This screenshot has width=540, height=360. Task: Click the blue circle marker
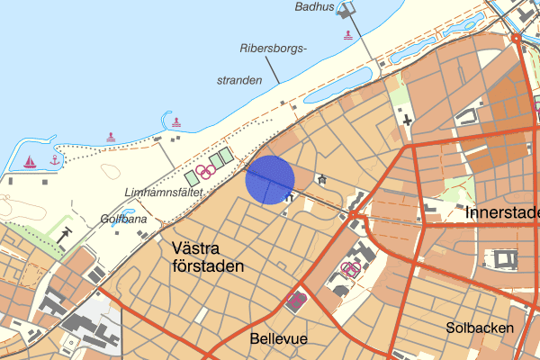pos(270,179)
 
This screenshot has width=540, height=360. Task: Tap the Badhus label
pos(314,7)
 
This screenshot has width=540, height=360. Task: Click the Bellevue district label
pos(277,338)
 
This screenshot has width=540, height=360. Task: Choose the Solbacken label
pos(479,328)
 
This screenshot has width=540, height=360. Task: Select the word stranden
pos(238,80)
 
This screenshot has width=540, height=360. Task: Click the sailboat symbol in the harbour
pos(30,162)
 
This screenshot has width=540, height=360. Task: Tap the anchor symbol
pos(54,160)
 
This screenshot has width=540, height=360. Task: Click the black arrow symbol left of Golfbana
pos(67,233)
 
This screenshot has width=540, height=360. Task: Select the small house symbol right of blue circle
pos(321,179)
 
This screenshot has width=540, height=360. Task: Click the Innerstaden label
pos(503,213)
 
